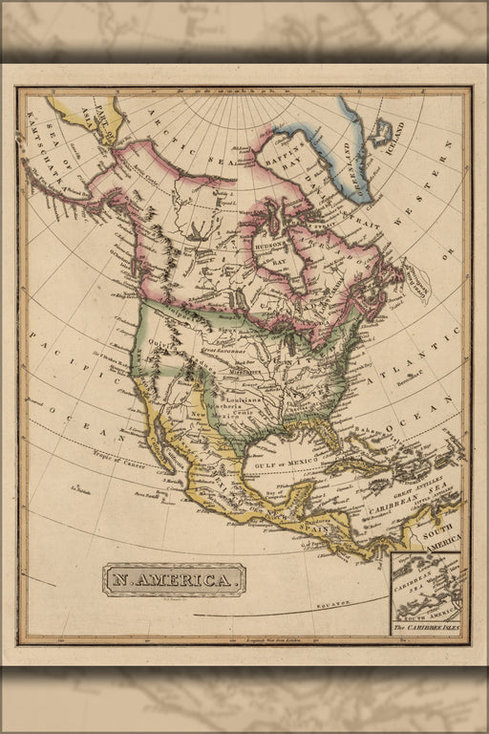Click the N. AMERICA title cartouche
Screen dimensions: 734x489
[174, 579]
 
